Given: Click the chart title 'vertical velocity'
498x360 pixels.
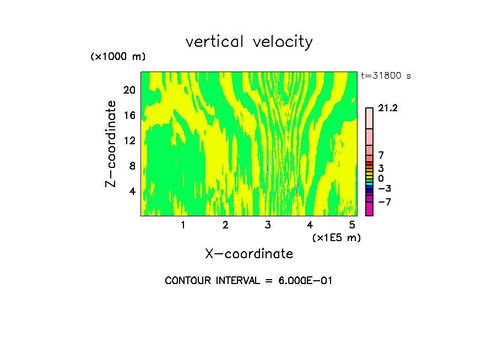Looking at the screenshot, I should click(x=249, y=42).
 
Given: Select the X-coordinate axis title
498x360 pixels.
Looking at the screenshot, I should click(x=249, y=253).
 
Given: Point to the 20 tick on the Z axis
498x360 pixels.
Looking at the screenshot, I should click(x=129, y=90).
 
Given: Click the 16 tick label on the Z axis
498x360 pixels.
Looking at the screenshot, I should click(x=129, y=116).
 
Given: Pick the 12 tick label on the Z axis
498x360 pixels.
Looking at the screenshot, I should click(x=129, y=141).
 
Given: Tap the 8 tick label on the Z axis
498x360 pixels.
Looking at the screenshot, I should click(x=132, y=166).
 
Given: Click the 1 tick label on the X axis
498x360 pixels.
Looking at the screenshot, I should click(x=183, y=225).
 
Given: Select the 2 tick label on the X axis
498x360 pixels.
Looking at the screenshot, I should click(x=225, y=225).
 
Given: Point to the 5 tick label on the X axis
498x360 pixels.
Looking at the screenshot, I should click(x=352, y=225).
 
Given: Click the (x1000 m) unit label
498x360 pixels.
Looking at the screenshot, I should click(x=118, y=57).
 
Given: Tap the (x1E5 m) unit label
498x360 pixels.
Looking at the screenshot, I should click(x=336, y=238).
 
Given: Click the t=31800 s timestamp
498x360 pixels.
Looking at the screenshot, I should click(x=386, y=76).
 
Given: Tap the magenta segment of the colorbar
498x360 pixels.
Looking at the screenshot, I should click(x=369, y=209).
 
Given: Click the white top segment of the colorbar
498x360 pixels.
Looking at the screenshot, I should click(x=369, y=118).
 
